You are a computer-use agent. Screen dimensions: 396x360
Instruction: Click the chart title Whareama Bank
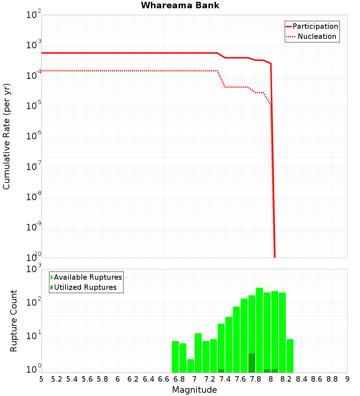[x=180, y=5]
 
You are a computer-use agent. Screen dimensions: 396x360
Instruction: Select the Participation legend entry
[x=312, y=26]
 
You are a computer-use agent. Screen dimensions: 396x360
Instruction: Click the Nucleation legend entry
[x=312, y=36]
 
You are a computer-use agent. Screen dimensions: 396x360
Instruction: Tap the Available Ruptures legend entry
[x=86, y=277]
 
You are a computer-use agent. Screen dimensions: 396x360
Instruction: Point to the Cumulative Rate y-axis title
[x=6, y=136]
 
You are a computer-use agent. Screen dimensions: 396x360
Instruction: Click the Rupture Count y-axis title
[x=14, y=321]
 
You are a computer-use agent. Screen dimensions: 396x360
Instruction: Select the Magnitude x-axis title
[x=194, y=390]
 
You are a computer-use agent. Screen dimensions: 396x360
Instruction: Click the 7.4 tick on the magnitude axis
[x=225, y=379]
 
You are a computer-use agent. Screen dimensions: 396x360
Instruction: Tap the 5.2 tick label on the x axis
[x=57, y=379]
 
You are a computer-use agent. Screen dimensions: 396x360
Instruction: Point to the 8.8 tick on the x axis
[x=332, y=379]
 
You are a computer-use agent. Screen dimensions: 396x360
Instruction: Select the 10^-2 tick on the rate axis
[x=33, y=15]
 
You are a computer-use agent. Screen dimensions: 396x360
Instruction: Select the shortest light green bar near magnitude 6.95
[x=190, y=365]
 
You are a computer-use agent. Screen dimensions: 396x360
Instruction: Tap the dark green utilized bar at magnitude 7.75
[x=252, y=363]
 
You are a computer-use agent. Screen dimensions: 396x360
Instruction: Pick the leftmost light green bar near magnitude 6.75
[x=175, y=356]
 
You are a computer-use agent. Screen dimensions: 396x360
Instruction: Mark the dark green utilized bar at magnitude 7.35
[x=221, y=371]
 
